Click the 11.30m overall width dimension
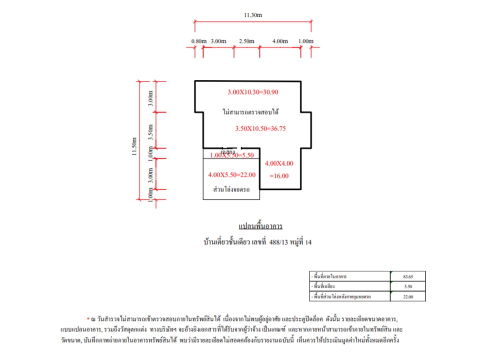point(253,15)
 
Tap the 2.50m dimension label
point(246,41)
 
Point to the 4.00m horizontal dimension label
point(280,41)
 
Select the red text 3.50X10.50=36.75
point(260,128)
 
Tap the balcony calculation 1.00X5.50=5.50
point(232,155)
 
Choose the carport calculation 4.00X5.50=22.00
point(231,174)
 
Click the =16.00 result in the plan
point(278,176)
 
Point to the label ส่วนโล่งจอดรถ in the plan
point(231,190)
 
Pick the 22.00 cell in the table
point(407,297)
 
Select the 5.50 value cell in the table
point(407,286)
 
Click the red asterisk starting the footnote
point(88,317)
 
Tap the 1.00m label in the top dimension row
point(305,41)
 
